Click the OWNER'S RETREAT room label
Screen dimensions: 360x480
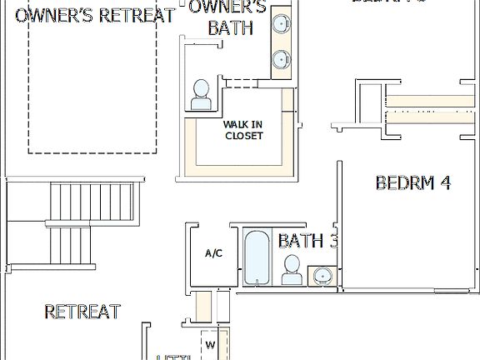[95, 15]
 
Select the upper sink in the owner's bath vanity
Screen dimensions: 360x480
[282, 22]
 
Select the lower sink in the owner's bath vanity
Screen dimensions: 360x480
[282, 59]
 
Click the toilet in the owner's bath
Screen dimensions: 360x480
[200, 95]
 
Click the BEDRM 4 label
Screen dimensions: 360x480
[413, 182]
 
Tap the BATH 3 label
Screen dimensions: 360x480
[307, 241]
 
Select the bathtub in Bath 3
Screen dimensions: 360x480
[255, 258]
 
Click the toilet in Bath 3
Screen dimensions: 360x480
[292, 269]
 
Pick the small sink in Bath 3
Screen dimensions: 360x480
[322, 274]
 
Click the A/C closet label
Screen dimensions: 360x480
[213, 253]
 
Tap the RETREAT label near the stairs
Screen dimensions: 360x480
[82, 312]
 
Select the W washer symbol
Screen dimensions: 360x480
[210, 344]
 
